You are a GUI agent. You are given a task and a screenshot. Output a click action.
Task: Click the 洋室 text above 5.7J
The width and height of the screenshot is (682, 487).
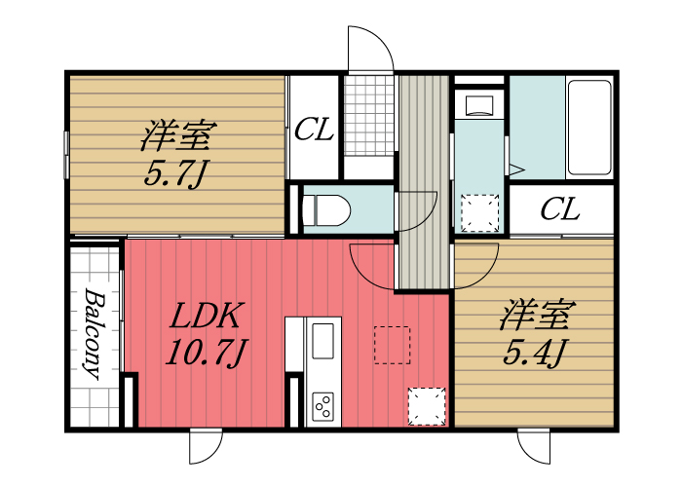[x=177, y=134]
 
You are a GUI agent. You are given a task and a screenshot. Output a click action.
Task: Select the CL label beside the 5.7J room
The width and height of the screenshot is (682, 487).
[x=315, y=130]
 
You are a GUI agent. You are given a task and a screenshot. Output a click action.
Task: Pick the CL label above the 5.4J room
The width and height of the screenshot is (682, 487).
[x=560, y=209]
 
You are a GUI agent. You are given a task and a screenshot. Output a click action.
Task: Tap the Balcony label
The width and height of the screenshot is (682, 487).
[x=94, y=332]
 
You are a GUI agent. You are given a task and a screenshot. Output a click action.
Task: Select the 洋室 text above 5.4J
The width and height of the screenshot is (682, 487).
[x=536, y=317]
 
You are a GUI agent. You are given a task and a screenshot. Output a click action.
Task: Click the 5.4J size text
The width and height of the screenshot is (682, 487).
[x=535, y=355]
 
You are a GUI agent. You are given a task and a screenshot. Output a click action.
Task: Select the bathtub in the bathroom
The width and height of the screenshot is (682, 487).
[x=588, y=127]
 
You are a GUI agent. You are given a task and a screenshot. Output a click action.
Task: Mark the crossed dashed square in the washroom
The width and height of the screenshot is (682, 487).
[x=479, y=213]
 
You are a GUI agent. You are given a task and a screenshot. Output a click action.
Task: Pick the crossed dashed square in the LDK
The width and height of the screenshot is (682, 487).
[x=427, y=407]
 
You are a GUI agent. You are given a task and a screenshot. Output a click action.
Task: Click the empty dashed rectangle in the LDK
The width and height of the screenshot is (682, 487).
[x=392, y=344]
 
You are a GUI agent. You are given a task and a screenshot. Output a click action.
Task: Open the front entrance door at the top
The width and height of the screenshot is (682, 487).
[x=370, y=49]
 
